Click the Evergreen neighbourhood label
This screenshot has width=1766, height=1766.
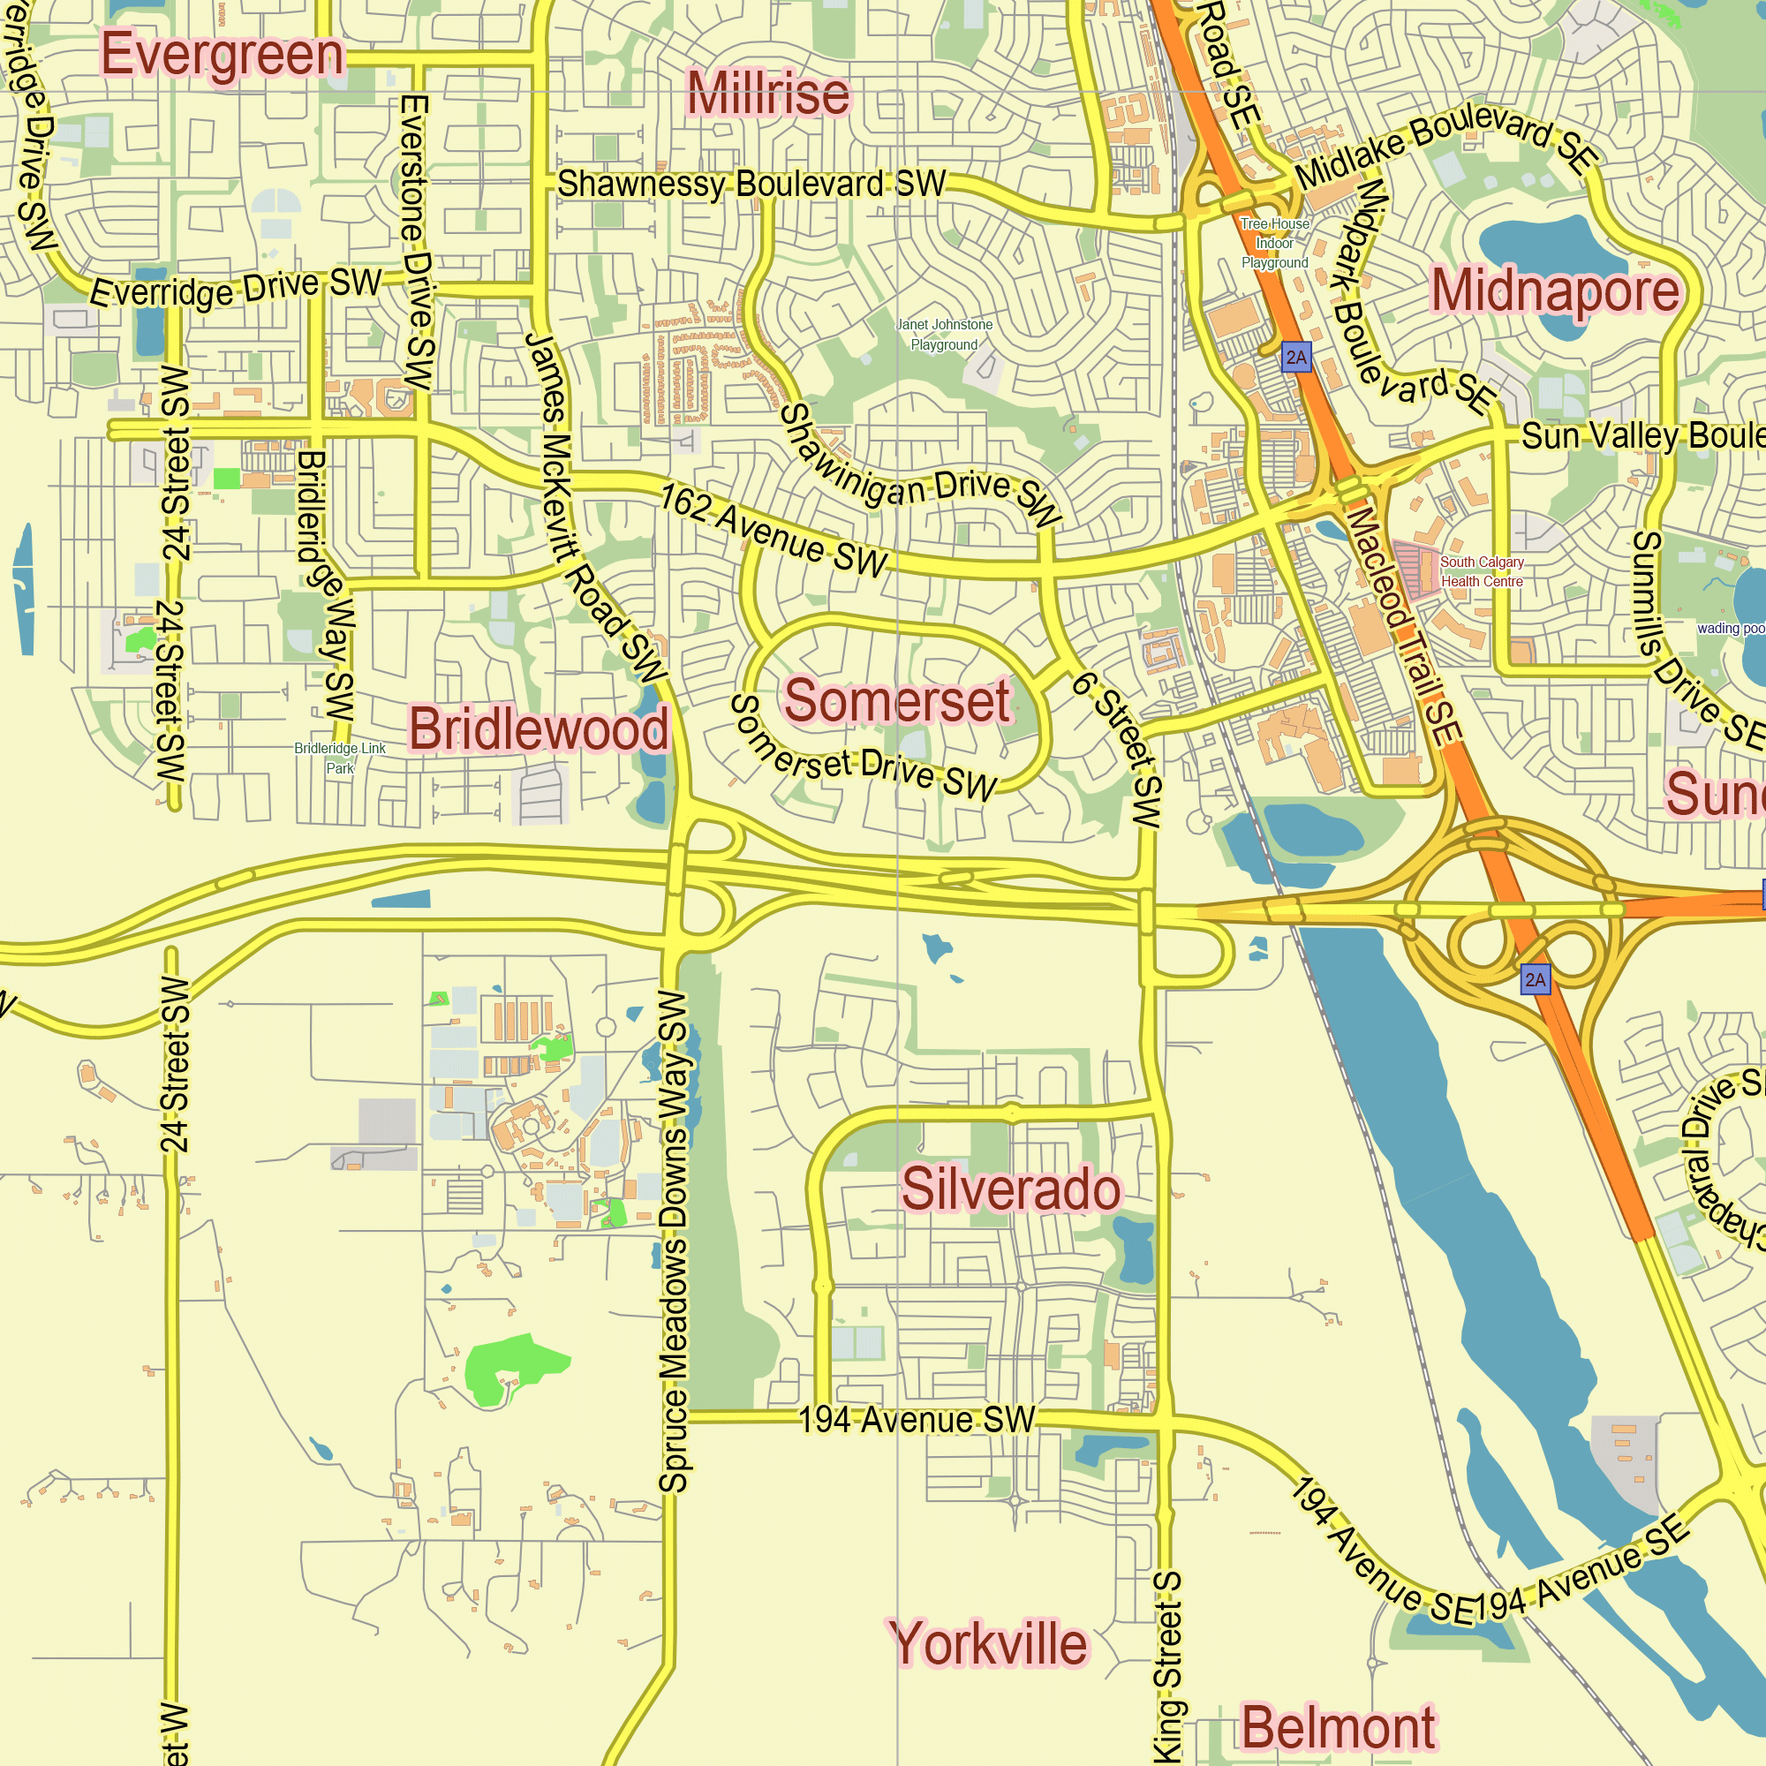pyautogui.click(x=223, y=56)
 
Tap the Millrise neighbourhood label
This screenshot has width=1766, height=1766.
pyautogui.click(x=768, y=94)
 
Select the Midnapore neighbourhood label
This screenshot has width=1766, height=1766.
pyautogui.click(x=1555, y=291)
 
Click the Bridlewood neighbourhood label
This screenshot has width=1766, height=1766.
pyautogui.click(x=539, y=729)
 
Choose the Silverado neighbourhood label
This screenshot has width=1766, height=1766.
pyautogui.click(x=1010, y=1189)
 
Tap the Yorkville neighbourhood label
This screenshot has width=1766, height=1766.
pyautogui.click(x=988, y=1643)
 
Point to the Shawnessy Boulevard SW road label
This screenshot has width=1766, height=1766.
pyautogui.click(x=751, y=184)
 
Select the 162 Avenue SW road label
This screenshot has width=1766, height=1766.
pyautogui.click(x=774, y=531)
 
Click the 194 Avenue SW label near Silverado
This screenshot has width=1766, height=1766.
pyautogui.click(x=917, y=1420)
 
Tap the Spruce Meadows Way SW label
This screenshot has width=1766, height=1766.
pyautogui.click(x=674, y=1243)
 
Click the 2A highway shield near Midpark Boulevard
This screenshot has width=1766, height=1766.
pyautogui.click(x=1296, y=358)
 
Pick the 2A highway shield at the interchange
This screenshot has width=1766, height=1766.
pyautogui.click(x=1536, y=980)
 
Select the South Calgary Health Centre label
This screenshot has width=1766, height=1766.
pyautogui.click(x=1481, y=572)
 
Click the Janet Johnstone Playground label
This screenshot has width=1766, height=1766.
pyautogui.click(x=944, y=335)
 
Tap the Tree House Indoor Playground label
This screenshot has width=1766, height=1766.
pyautogui.click(x=1274, y=243)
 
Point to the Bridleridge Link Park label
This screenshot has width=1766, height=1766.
pyautogui.click(x=340, y=758)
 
